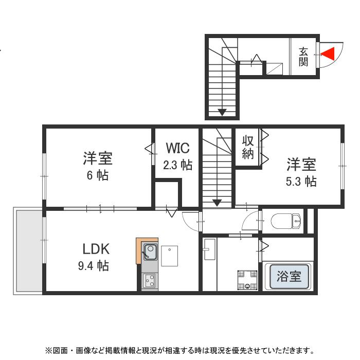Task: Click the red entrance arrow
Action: pyautogui.click(x=328, y=52)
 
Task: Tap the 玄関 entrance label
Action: pyautogui.click(x=303, y=57)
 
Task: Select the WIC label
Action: pyautogui.click(x=177, y=149)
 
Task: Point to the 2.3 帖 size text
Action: pyautogui.click(x=177, y=165)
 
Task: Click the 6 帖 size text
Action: pyautogui.click(x=97, y=175)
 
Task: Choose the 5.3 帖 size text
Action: pyautogui.click(x=301, y=181)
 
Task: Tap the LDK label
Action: pyautogui.click(x=96, y=249)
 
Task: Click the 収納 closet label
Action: pyautogui.click(x=248, y=147)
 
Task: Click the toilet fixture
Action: pyautogui.click(x=286, y=222)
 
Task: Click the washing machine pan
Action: pyautogui.click(x=246, y=279)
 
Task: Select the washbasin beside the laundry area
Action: pyautogui.click(x=209, y=252)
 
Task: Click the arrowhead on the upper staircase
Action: pyautogui.click(x=222, y=112)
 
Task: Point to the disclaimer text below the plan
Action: pyautogui.click(x=179, y=351)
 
